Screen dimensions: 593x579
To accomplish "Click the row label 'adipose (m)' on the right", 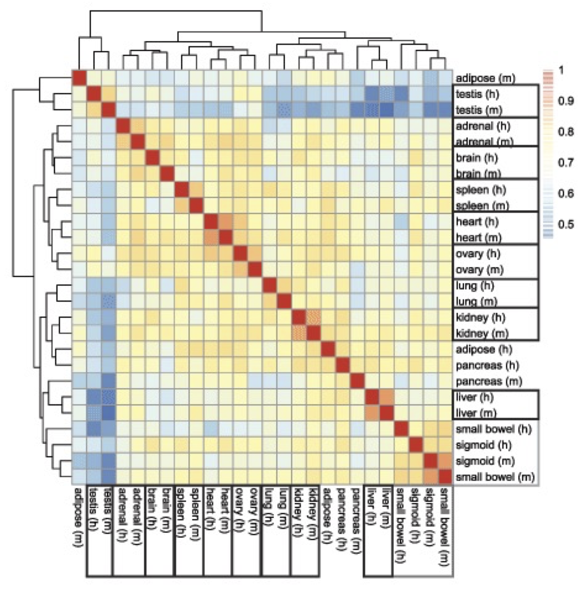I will click(485, 78).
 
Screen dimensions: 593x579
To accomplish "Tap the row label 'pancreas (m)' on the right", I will click(489, 381).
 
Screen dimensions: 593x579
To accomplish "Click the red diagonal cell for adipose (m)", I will click(79, 78).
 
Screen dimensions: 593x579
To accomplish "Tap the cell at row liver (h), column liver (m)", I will click(387, 397).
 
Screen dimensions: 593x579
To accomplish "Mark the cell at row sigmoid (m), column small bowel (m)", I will click(446, 461).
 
